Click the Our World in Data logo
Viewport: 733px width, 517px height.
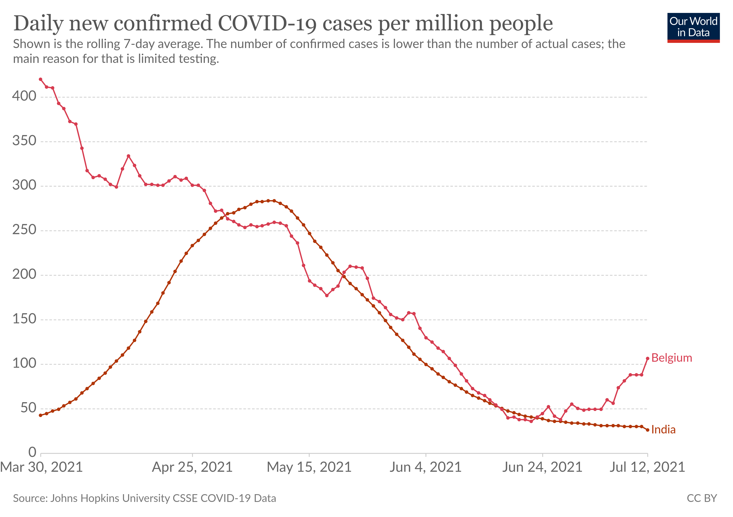coord(693,27)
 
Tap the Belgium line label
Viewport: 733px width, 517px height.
coord(671,358)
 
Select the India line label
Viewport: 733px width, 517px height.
coord(663,430)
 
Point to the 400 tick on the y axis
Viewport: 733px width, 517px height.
coord(24,96)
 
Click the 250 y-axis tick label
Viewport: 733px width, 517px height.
coord(24,230)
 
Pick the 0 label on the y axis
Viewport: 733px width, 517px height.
coord(32,452)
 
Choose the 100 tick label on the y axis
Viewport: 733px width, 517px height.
coord(24,363)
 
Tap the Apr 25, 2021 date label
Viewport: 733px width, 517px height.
coord(192,467)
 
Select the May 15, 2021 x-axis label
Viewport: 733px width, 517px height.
coord(309,467)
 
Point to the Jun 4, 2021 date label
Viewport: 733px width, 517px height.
coord(426,467)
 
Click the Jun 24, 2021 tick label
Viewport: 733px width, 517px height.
coord(542,467)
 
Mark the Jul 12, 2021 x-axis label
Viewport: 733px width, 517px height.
coord(647,467)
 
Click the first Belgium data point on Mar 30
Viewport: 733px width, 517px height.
coord(41,79)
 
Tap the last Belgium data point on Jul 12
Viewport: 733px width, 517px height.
coord(647,358)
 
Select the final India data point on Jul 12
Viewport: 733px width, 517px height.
coord(647,430)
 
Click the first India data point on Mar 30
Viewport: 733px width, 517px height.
coord(41,415)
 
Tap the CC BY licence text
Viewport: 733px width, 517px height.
coord(702,498)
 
